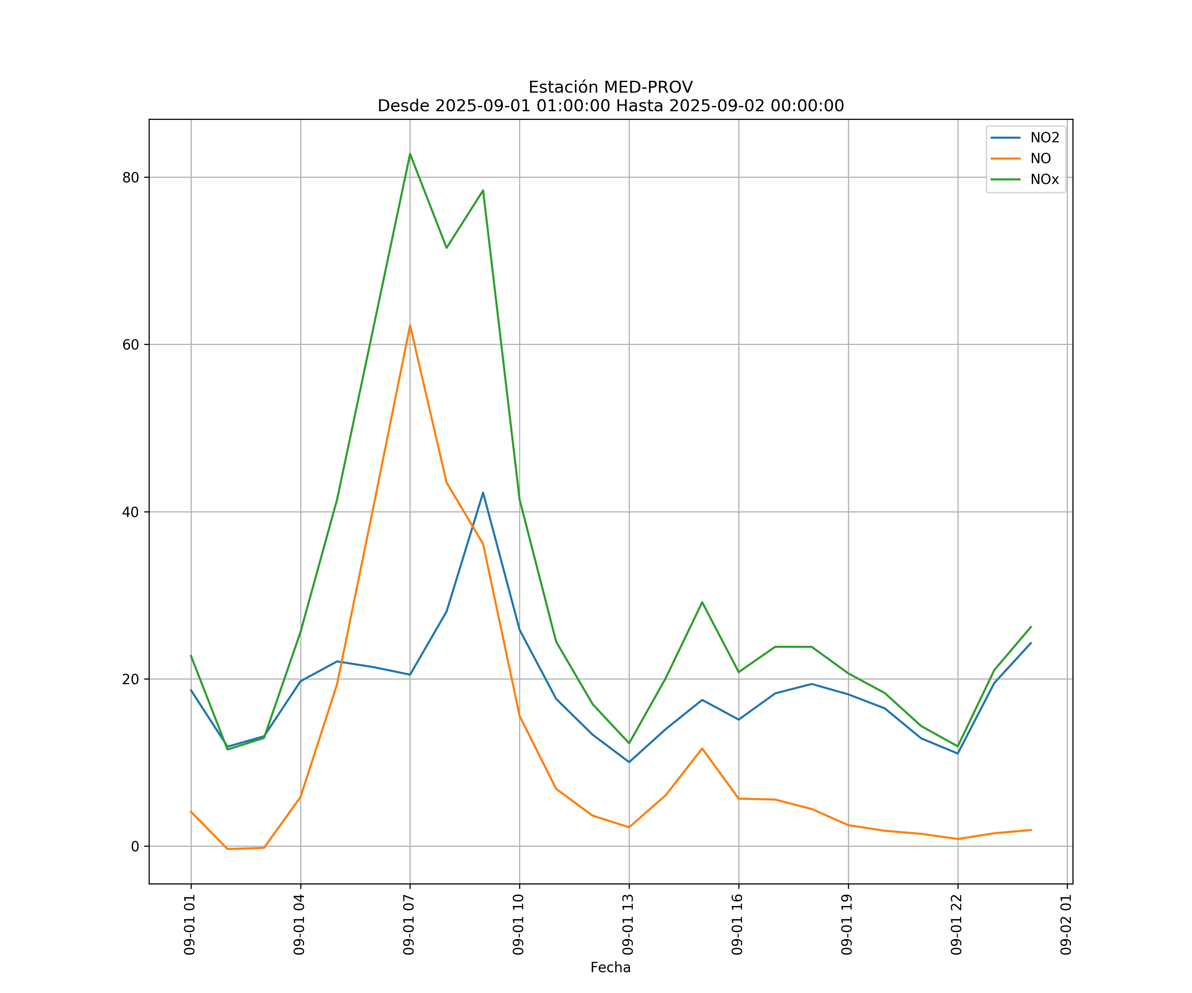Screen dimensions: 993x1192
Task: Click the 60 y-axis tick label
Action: pos(130,345)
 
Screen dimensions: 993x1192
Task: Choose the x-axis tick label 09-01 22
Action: pos(957,924)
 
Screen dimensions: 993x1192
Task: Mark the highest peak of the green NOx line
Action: pos(410,154)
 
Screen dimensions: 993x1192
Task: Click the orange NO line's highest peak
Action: pos(410,326)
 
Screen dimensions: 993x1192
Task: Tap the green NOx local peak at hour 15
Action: pos(702,602)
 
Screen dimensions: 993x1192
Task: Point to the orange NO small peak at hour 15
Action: pos(702,748)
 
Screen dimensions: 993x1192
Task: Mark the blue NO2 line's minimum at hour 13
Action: pos(629,762)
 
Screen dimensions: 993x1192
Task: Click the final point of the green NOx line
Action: pos(1031,627)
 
